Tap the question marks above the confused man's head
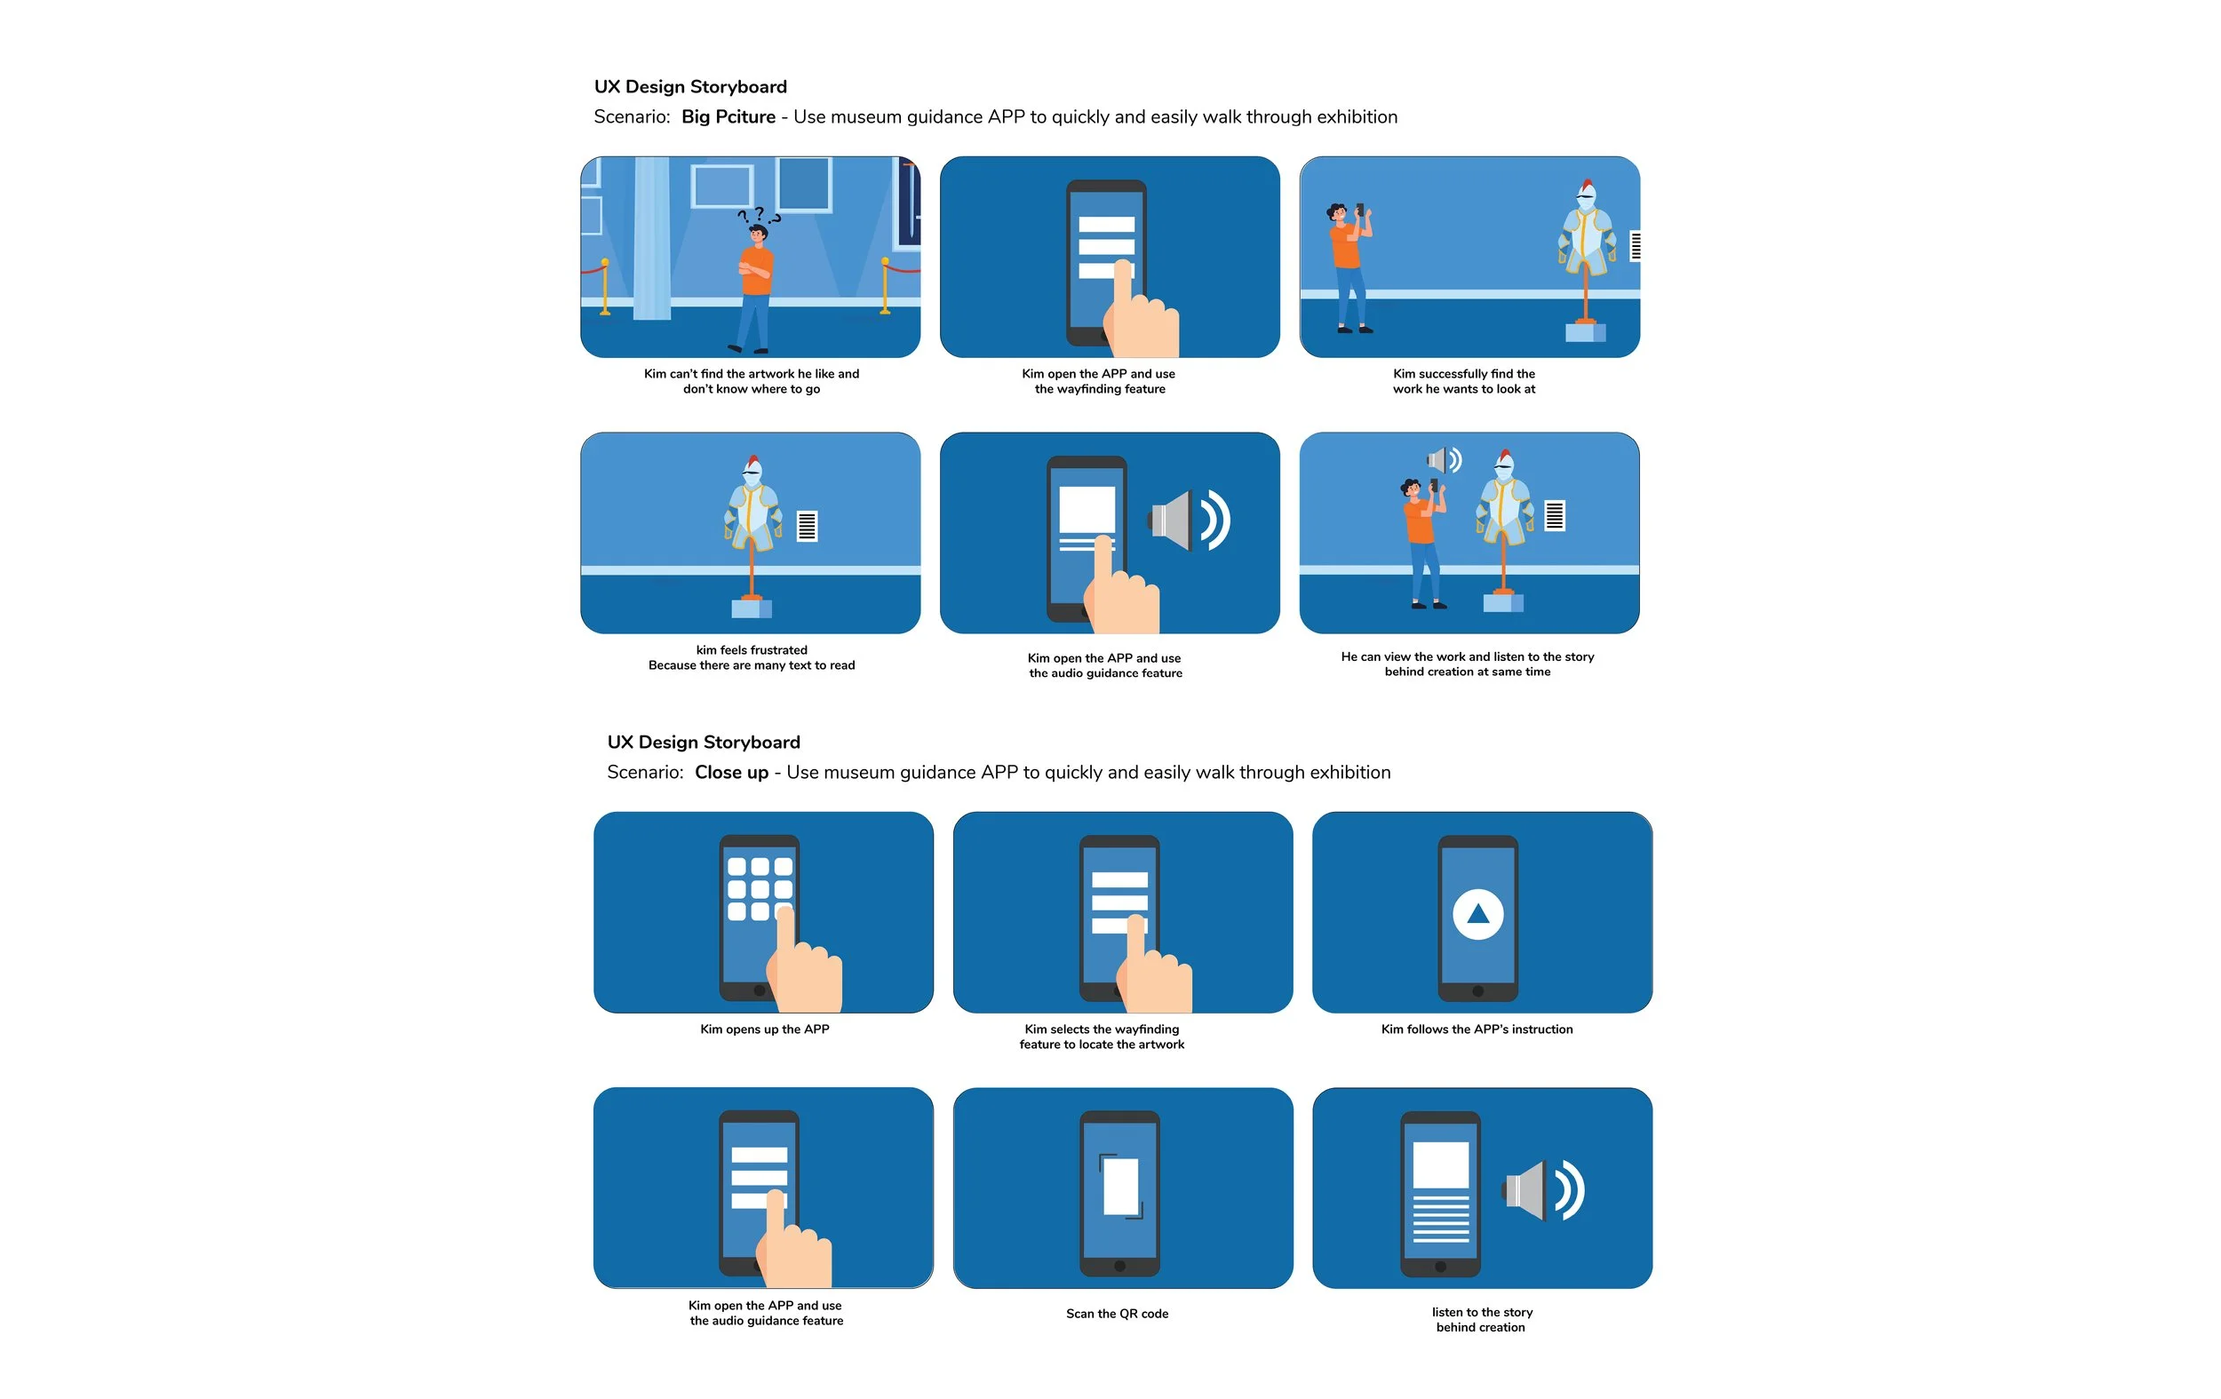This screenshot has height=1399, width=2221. tap(758, 215)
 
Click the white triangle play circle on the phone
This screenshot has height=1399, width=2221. tap(1477, 914)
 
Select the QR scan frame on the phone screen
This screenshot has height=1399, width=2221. tap(1120, 1186)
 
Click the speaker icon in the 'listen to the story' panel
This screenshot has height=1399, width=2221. tap(1543, 1190)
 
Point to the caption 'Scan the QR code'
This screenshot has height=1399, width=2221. tap(1117, 1313)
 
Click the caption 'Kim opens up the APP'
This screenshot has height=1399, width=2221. tap(765, 1029)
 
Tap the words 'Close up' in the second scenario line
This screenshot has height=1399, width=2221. tap(731, 773)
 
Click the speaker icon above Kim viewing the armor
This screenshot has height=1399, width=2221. tap(1444, 459)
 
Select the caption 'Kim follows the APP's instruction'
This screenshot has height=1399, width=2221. tap(1477, 1029)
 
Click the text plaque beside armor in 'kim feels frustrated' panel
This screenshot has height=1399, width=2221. tap(807, 526)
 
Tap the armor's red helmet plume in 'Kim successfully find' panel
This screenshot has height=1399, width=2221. tap(1587, 186)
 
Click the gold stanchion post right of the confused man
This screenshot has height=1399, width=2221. tap(885, 286)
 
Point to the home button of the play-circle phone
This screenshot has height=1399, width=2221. tap(1477, 991)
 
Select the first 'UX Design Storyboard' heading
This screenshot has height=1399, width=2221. tap(690, 87)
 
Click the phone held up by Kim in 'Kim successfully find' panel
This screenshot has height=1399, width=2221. tap(1359, 211)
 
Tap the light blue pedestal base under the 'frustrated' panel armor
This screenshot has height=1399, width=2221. tap(751, 608)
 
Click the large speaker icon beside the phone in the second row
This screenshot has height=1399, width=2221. tap(1190, 521)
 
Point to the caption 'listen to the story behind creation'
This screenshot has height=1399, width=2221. tap(1481, 1320)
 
